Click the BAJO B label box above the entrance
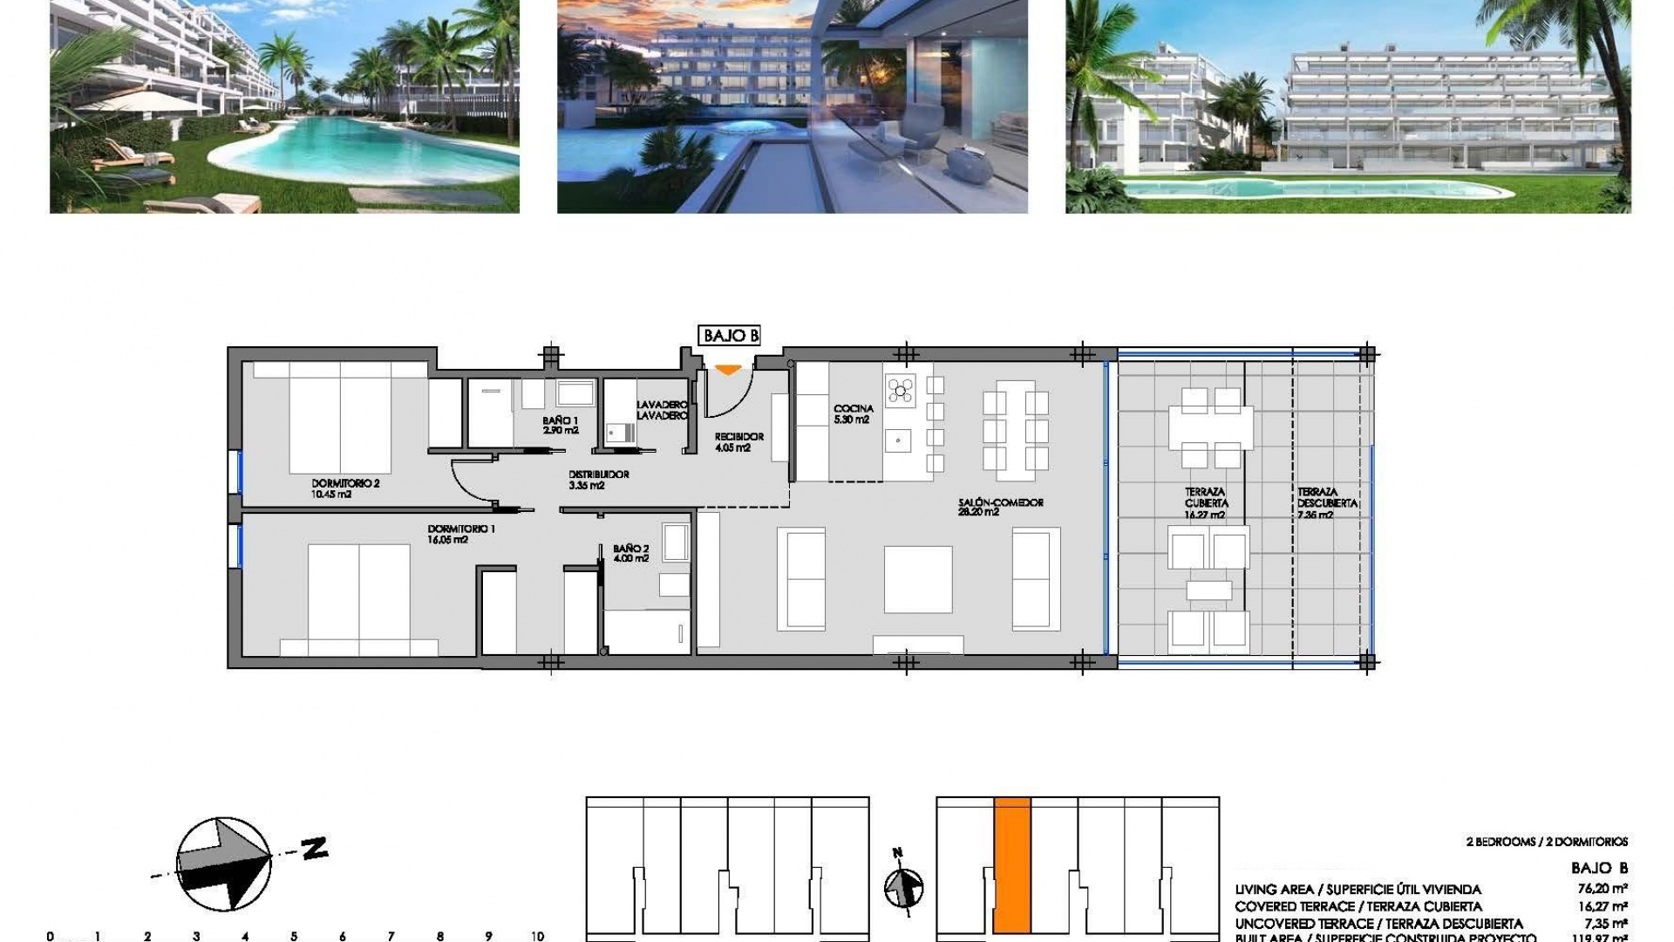click(x=730, y=336)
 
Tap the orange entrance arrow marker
click(x=728, y=371)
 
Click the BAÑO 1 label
click(x=560, y=425)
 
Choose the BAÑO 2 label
click(x=631, y=553)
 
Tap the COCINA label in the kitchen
click(x=853, y=413)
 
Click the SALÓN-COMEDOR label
click(x=1000, y=507)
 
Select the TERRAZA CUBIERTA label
click(x=1206, y=503)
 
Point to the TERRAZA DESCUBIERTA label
click(x=1327, y=503)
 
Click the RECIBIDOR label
click(x=738, y=442)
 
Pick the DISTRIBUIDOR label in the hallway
click(x=598, y=480)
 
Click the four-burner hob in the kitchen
click(x=901, y=390)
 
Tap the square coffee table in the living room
click(x=917, y=579)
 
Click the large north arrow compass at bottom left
click(x=223, y=863)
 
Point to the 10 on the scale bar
click(x=537, y=936)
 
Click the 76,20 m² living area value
click(x=1603, y=889)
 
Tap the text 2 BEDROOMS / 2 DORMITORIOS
click(x=1547, y=842)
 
